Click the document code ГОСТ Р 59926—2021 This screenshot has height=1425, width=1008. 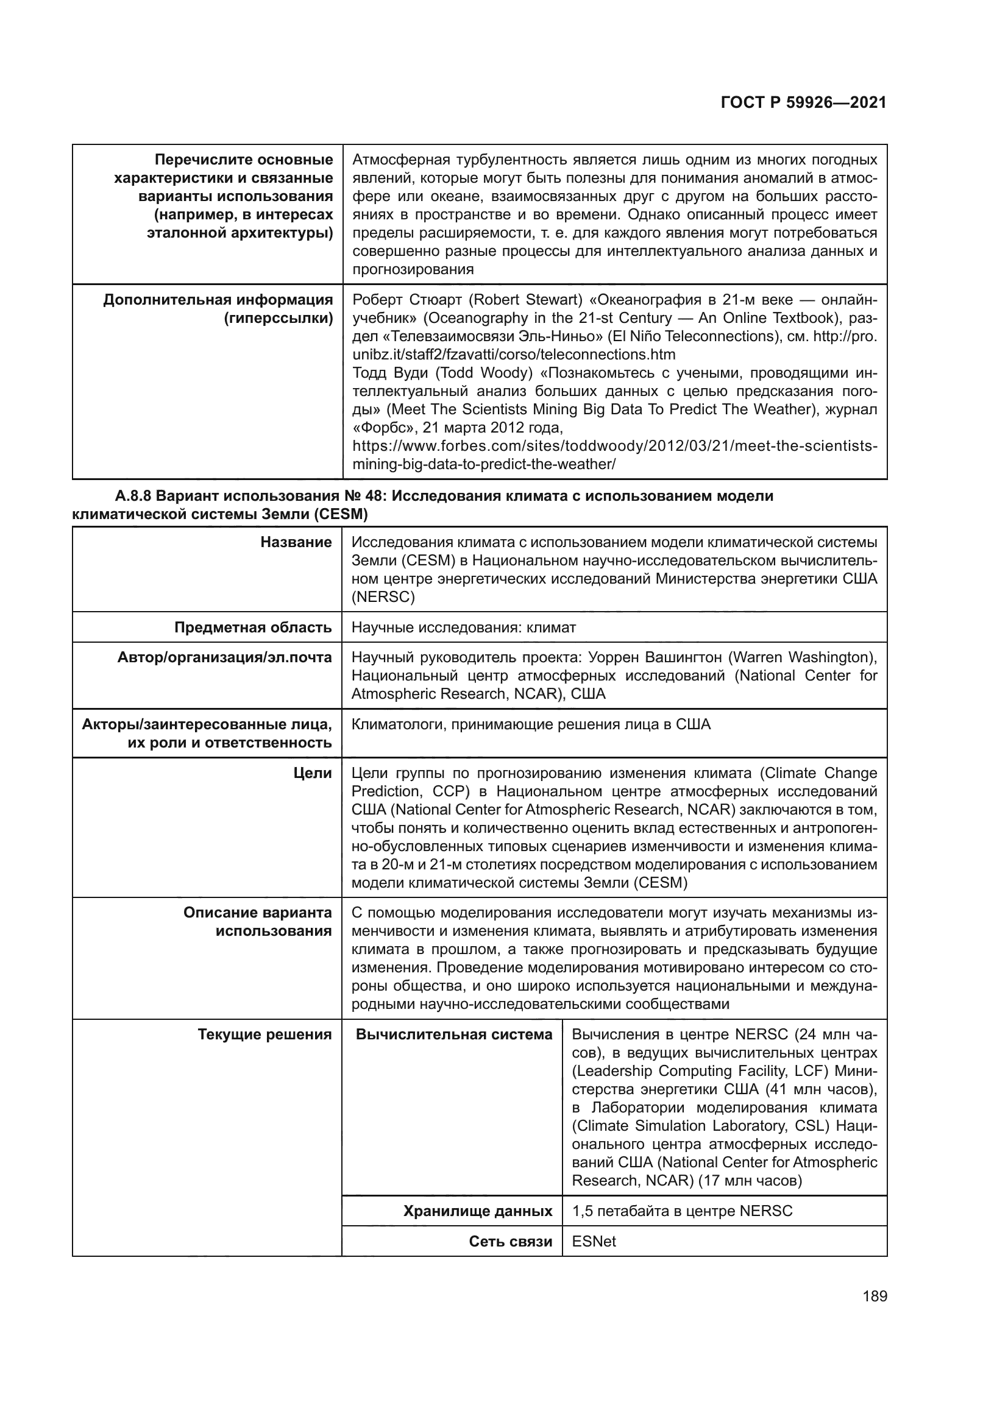(x=803, y=103)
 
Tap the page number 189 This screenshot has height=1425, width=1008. (x=875, y=1296)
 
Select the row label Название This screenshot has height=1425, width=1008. (x=296, y=542)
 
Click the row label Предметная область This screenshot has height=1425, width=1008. (x=253, y=628)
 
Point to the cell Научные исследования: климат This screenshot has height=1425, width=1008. (x=464, y=628)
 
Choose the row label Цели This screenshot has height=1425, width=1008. (x=312, y=773)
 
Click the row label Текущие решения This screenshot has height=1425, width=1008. (x=264, y=1034)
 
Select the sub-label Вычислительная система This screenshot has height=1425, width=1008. (x=454, y=1034)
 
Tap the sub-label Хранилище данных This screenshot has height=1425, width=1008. (x=477, y=1211)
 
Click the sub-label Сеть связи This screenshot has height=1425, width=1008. (x=510, y=1241)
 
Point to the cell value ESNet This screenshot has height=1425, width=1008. (x=594, y=1241)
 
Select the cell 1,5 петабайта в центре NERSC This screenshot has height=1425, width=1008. (x=682, y=1211)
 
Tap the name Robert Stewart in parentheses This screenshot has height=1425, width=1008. (x=525, y=300)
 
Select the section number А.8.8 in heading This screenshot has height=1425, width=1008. (x=133, y=497)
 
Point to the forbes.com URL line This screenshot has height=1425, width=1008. (x=614, y=446)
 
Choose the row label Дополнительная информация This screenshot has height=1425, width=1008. (x=218, y=300)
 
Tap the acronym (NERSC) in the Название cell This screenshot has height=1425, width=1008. (x=383, y=597)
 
